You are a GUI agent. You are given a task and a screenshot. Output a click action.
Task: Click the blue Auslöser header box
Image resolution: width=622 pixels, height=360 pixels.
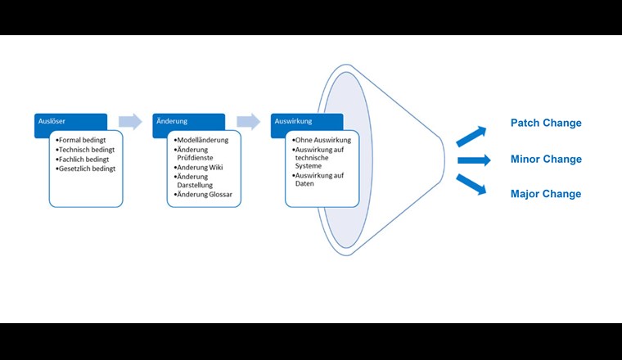pos(70,121)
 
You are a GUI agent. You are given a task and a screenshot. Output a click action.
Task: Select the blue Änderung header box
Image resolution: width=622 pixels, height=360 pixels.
pos(188,121)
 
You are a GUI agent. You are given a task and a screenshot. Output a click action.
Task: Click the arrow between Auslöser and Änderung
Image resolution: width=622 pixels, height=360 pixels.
pos(130,122)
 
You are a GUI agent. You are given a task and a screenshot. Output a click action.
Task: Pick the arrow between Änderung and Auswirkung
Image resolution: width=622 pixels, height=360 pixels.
pos(248,122)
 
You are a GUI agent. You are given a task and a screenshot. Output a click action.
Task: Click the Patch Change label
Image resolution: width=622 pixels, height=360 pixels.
pos(546,123)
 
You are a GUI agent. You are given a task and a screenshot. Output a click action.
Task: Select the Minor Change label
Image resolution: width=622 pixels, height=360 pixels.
pos(546,159)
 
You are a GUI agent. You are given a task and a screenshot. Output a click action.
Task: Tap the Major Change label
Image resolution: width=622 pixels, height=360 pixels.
pos(546,194)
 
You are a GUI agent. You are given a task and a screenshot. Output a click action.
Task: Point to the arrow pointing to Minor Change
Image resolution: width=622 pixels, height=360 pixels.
pos(475,160)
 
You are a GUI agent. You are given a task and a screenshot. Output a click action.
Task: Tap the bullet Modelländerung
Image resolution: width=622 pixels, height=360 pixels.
pos(203,140)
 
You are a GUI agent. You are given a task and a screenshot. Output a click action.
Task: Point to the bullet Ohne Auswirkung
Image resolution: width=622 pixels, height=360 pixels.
pos(323,140)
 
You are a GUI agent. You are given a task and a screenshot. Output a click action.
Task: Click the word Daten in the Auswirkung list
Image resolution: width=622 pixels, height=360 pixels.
pos(305,183)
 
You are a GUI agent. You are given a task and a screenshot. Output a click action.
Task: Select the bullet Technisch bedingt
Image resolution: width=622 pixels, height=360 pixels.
pos(88,150)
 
